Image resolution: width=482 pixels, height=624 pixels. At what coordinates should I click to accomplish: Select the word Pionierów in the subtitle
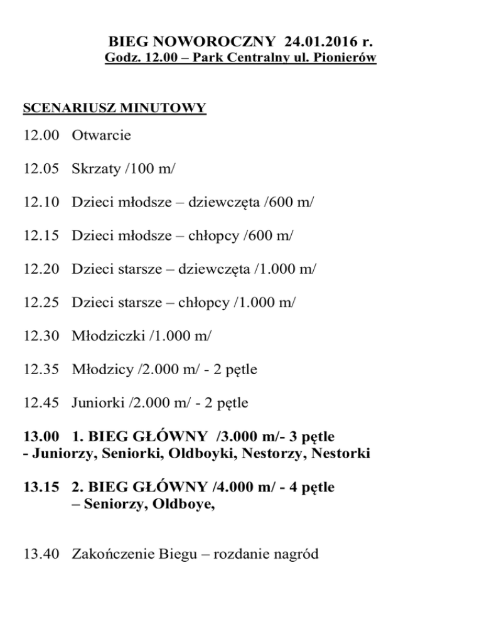coord(346,59)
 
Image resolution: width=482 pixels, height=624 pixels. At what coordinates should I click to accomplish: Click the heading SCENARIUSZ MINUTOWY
coord(114,108)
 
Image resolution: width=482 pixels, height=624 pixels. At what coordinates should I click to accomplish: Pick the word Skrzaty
coord(95,168)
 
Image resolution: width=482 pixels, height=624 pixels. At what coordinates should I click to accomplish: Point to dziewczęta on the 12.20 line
coord(215,270)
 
